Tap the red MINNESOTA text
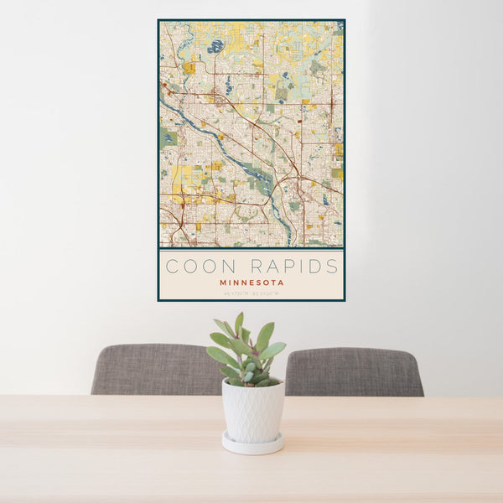(251, 283)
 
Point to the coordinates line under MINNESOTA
(251, 293)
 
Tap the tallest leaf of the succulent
(239, 324)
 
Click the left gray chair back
(155, 370)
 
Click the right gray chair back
(354, 371)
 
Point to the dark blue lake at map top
(215, 46)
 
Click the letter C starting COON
(171, 267)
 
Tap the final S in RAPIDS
(333, 267)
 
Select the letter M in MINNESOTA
(223, 283)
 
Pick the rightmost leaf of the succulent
(274, 350)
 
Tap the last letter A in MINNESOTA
(281, 283)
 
